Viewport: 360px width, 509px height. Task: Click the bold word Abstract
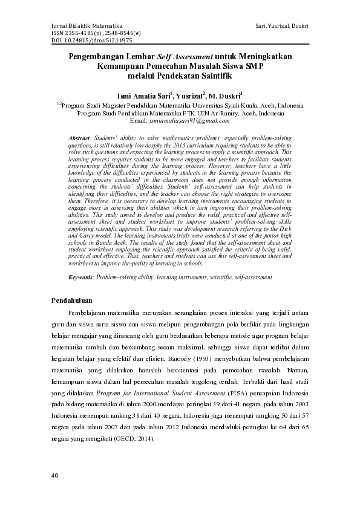(x=79, y=138)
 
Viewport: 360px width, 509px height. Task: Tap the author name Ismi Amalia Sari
(x=144, y=96)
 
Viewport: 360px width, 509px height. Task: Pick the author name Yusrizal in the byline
(x=189, y=96)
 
